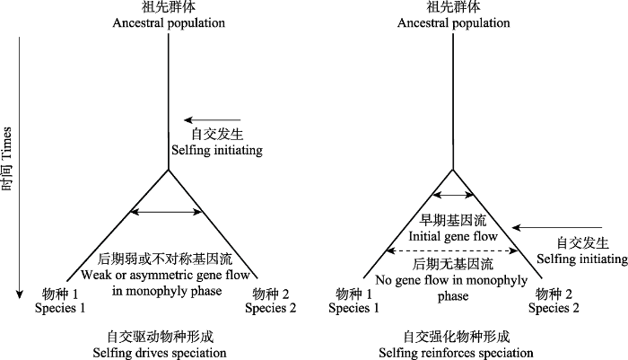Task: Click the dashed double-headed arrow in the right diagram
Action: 452,251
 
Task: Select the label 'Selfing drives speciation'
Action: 160,353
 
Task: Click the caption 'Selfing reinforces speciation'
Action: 456,353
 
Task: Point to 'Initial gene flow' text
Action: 453,236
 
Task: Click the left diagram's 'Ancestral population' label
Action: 169,22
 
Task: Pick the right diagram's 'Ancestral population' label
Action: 453,22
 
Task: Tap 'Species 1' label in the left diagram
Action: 60,308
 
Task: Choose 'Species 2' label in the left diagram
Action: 270,308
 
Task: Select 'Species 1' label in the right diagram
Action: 353,308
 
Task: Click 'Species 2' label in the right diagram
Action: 554,308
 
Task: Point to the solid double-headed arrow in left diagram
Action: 166,212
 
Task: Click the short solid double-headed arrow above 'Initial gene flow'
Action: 453,195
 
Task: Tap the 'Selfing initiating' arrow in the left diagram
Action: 213,120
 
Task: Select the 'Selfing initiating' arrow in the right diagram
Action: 557,228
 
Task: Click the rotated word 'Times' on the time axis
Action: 7,145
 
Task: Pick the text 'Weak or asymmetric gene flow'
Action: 165,275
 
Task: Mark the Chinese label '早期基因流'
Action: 453,220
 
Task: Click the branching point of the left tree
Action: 169,170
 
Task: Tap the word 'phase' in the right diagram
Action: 453,296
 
